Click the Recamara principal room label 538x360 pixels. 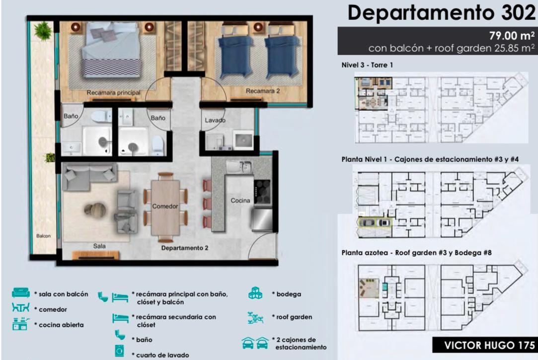tap(114, 92)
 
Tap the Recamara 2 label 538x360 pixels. tap(263, 91)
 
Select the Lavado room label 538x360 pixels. tap(215, 120)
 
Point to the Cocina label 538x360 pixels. tap(240, 200)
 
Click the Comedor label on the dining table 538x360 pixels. tap(165, 206)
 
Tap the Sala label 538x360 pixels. tap(99, 246)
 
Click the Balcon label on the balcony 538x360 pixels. tap(44, 236)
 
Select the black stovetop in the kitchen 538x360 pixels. tap(262, 192)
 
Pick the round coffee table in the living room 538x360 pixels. tap(95, 210)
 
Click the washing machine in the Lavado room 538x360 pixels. tap(243, 140)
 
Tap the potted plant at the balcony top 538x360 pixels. tap(43, 30)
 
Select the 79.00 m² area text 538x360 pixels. tap(512, 36)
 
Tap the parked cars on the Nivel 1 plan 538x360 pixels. tap(375, 223)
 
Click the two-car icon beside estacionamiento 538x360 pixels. tap(255, 343)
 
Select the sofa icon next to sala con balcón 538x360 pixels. tap(20, 292)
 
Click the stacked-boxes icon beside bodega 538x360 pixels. tap(255, 293)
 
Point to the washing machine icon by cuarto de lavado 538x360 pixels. tap(119, 351)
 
